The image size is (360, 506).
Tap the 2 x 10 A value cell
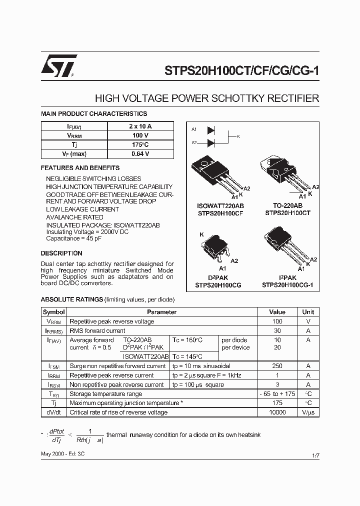[x=140, y=126]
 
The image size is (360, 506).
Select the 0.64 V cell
[x=140, y=154]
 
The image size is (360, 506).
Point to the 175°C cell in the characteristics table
[x=140, y=145]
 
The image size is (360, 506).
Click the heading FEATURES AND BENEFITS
[x=80, y=168]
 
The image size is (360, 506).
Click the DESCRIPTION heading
[x=61, y=253]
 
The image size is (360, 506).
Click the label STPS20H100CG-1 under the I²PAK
[x=287, y=285]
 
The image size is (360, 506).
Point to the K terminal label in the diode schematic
[x=238, y=136]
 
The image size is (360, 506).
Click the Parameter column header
[x=161, y=312]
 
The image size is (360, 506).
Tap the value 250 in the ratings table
[x=277, y=366]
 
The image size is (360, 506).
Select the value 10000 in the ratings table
[x=277, y=412]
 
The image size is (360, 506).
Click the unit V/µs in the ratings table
[x=308, y=412]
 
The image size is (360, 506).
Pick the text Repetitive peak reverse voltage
[x=111, y=321]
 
